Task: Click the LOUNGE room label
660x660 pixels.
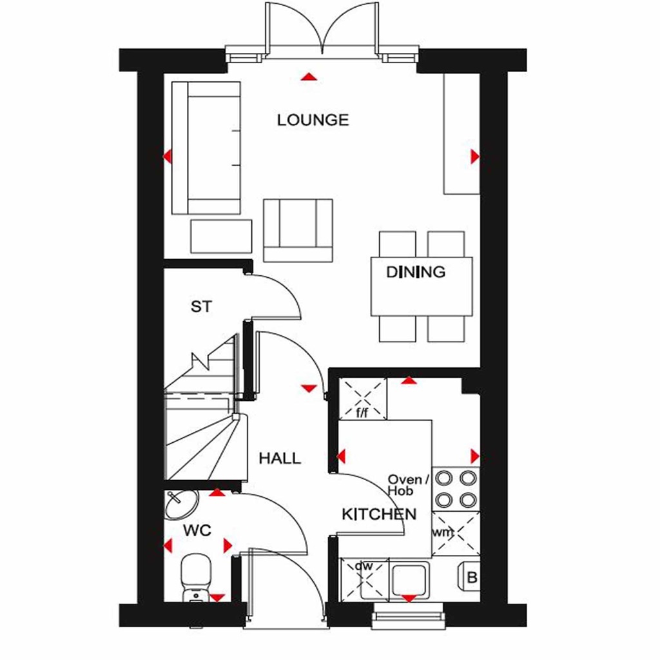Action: click(313, 120)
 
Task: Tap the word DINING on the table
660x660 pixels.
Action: click(416, 272)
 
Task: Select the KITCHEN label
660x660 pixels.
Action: click(379, 514)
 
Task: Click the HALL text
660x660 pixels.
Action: click(280, 458)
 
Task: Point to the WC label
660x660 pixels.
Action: click(197, 531)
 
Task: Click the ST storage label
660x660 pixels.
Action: click(201, 307)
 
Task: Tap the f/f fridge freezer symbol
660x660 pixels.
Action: click(363, 398)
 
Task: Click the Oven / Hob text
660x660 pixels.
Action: click(407, 485)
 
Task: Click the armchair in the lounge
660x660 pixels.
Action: click(298, 229)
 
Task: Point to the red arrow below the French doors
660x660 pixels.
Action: click(309, 77)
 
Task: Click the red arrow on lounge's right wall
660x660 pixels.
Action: click(475, 156)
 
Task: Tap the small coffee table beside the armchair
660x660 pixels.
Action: click(221, 236)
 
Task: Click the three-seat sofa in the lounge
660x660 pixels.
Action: click(206, 148)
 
